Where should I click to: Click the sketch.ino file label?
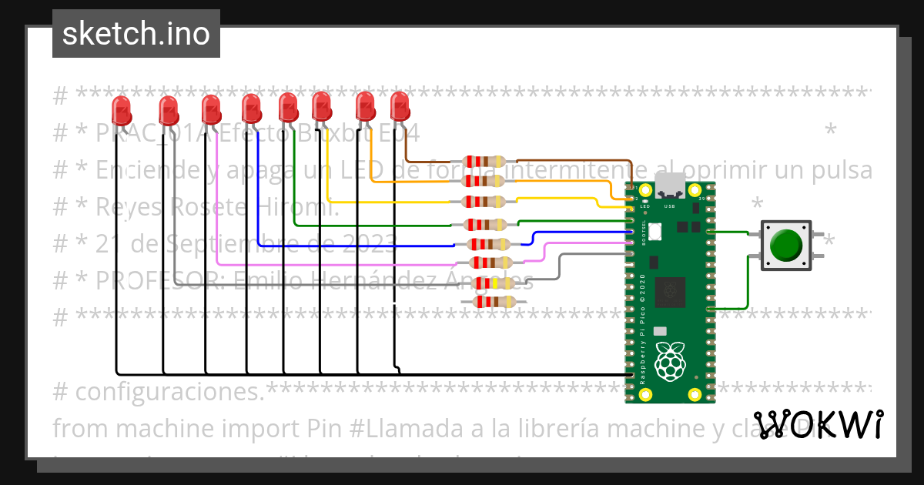pos(136,34)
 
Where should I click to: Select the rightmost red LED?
pos(400,106)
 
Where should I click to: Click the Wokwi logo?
pos(818,423)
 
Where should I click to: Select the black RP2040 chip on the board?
pos(668,292)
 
